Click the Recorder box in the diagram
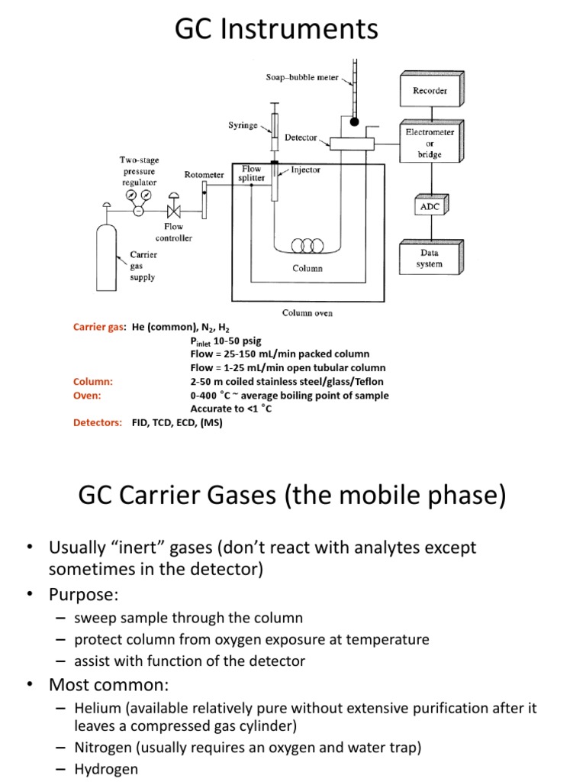coord(430,91)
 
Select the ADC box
coord(430,206)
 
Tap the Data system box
coord(430,258)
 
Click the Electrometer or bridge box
coord(430,144)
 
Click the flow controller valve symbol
coord(173,211)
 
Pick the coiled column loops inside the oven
coord(307,246)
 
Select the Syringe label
coord(243,125)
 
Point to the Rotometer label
coord(204,175)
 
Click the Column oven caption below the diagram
coord(307,312)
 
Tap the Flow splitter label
coord(251,173)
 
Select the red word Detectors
coord(97,422)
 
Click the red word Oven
coord(86,396)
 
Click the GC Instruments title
coord(276,29)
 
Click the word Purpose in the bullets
coord(86,594)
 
